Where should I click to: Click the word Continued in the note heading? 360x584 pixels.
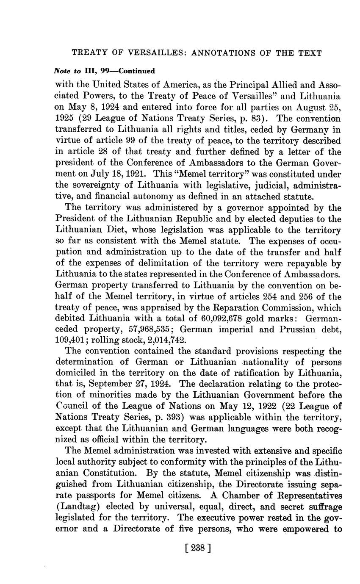coord(136,71)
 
